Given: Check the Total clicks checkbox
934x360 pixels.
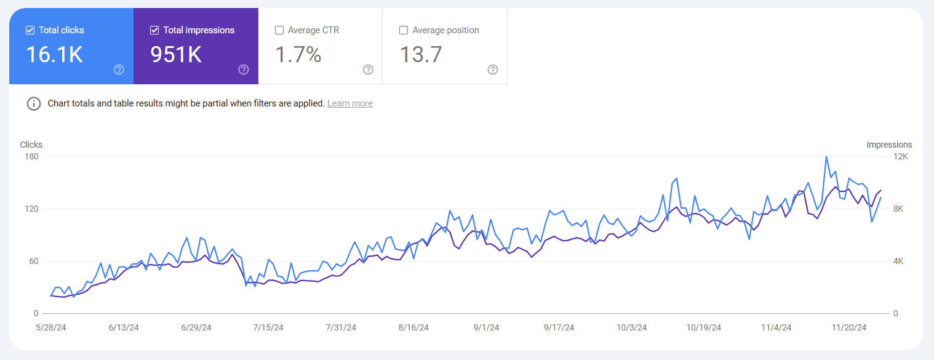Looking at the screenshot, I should pyautogui.click(x=30, y=30).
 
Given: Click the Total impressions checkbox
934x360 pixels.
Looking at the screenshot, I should pyautogui.click(x=154, y=30).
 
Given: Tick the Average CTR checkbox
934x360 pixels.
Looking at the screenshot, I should pyautogui.click(x=279, y=30).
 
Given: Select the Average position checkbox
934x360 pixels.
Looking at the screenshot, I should pyautogui.click(x=404, y=30).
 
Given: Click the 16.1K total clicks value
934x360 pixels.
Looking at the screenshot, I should pyautogui.click(x=54, y=55).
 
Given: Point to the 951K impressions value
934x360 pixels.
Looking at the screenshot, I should pyautogui.click(x=176, y=55).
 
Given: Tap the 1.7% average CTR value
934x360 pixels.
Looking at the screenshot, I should pyautogui.click(x=298, y=55).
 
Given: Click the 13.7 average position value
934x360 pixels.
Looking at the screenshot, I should pyautogui.click(x=421, y=55).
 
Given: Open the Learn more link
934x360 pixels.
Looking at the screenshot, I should pyautogui.click(x=349, y=103).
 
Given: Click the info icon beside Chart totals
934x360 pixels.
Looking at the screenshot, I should pyautogui.click(x=34, y=103).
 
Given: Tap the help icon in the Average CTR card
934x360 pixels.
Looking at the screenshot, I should pyautogui.click(x=368, y=70).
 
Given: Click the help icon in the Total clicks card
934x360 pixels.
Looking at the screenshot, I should pyautogui.click(x=119, y=70).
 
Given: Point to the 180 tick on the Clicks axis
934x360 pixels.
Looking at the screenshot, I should pyautogui.click(x=31, y=156).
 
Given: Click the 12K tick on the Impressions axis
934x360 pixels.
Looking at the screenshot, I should pyautogui.click(x=900, y=156).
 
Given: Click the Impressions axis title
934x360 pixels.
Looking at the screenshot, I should pyautogui.click(x=889, y=145).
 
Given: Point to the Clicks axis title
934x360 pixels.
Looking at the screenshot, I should pyautogui.click(x=31, y=145).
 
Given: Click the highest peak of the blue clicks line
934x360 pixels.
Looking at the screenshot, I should pyautogui.click(x=826, y=157).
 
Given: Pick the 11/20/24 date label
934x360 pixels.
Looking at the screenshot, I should pyautogui.click(x=848, y=328).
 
